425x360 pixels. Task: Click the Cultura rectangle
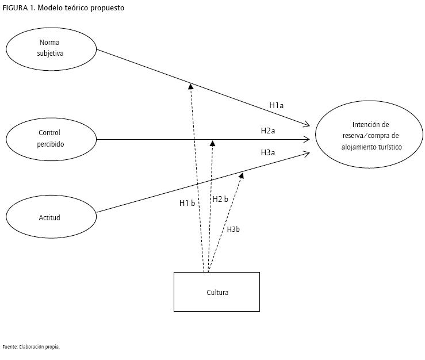[217, 292]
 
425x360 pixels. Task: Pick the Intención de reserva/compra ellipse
[370, 136]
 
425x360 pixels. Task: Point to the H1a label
[277, 106]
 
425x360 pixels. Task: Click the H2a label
[268, 131]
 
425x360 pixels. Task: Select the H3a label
[268, 152]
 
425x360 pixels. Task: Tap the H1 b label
[187, 203]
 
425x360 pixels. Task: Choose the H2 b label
[220, 199]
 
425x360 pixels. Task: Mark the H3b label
[233, 229]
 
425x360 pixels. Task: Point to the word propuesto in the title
[107, 8]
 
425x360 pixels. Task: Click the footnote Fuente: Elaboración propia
[31, 347]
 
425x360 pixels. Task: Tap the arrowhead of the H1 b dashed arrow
[190, 86]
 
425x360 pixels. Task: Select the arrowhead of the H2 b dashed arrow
[213, 142]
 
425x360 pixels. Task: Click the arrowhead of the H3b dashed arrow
[242, 175]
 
